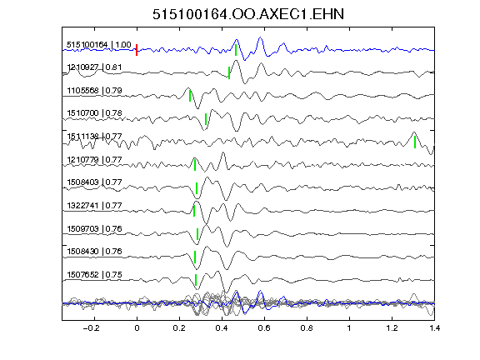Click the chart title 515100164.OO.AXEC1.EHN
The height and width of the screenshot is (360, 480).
coord(248,14)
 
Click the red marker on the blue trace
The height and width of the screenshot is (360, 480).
coord(137,50)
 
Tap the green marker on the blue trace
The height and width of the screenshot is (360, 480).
coord(236,50)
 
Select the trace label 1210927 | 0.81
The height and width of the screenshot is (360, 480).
coord(95,67)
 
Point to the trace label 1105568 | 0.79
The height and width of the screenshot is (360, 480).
coord(95,91)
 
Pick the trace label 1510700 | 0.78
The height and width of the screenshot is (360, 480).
coord(95,113)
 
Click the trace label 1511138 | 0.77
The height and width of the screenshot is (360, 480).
coord(95,136)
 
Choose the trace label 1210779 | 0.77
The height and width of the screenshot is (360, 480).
coord(95,159)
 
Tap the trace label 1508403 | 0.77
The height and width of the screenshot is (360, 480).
coord(95,182)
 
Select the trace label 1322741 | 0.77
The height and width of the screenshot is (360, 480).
coord(95,205)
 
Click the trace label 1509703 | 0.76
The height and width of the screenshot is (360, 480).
coord(95,228)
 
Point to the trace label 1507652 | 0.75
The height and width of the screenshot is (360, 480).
coord(95,275)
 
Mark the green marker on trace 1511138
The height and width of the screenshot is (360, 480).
coord(415,142)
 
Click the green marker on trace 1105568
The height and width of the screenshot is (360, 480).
coord(190,96)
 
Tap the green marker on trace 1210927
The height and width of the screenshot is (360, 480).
coord(229,72)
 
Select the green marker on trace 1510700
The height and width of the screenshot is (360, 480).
coord(206,119)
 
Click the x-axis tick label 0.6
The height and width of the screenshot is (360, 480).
coord(264,328)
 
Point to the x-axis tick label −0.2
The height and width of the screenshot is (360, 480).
coord(92,328)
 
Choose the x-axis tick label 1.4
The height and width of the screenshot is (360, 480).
coord(434,328)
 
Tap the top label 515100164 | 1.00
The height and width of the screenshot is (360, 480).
coord(99,45)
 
